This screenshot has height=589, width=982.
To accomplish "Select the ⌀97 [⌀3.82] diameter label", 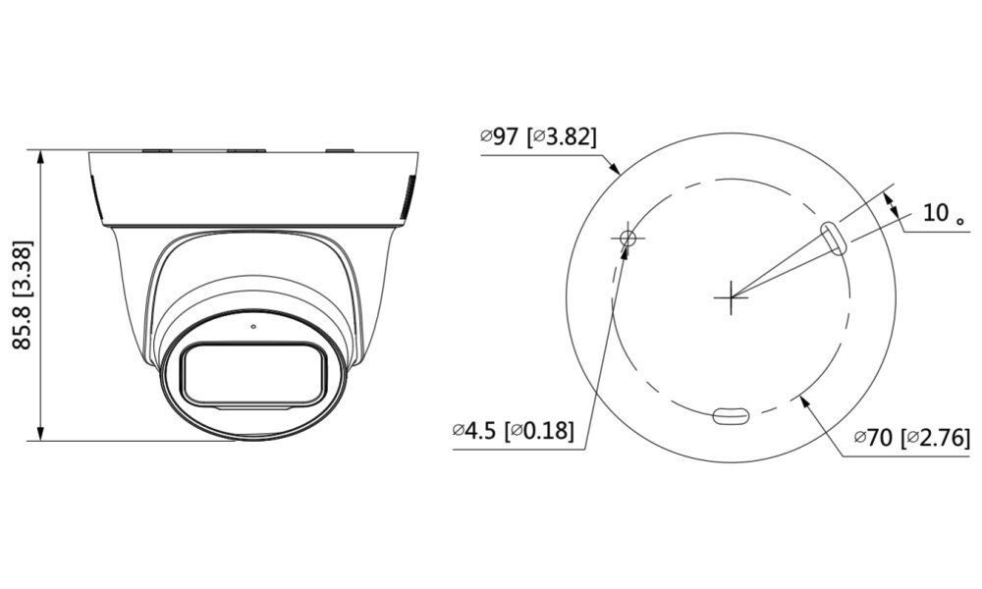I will pyautogui.click(x=538, y=136).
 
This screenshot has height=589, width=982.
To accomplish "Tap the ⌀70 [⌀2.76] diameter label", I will pyautogui.click(x=911, y=438).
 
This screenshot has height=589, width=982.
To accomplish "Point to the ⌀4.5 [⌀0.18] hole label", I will pyautogui.click(x=513, y=430).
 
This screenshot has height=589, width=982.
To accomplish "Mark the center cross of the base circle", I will pyautogui.click(x=732, y=294).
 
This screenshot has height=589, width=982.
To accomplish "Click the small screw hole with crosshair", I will pyautogui.click(x=627, y=237).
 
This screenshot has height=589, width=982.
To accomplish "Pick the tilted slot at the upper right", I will pyautogui.click(x=833, y=237).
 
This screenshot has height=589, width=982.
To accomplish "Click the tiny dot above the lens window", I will pyautogui.click(x=252, y=326).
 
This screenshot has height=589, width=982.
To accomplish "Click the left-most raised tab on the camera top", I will pyautogui.click(x=157, y=150).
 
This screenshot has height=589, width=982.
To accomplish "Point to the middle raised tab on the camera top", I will pyautogui.click(x=245, y=150).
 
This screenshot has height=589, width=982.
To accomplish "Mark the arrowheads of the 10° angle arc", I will pyautogui.click(x=891, y=202).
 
